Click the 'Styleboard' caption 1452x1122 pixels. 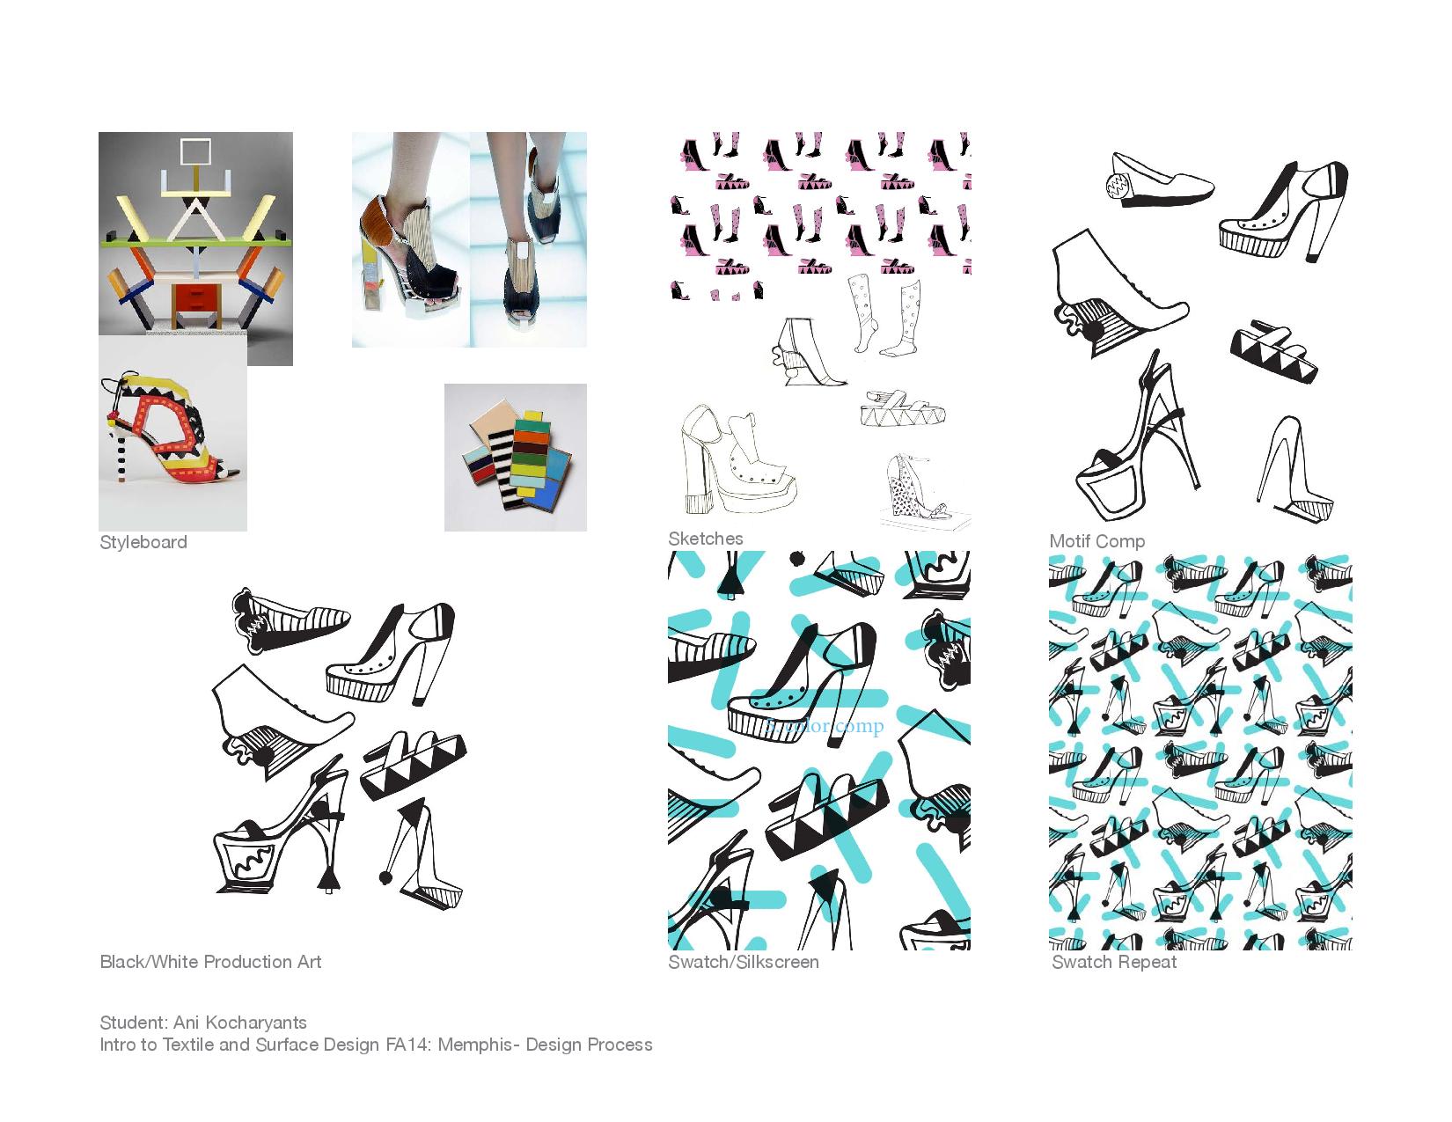tap(143, 542)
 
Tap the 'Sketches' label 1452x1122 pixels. tap(705, 539)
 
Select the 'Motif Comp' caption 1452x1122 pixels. tap(1096, 541)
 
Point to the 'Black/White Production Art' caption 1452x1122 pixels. tap(210, 962)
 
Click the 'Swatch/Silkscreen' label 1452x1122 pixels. tap(743, 962)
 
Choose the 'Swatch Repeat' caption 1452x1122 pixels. tap(1113, 962)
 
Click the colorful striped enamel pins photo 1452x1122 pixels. tap(515, 458)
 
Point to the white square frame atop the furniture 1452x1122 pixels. tap(195, 152)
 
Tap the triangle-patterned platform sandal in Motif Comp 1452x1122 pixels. tap(1273, 353)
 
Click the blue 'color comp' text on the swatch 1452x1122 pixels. tap(824, 726)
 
